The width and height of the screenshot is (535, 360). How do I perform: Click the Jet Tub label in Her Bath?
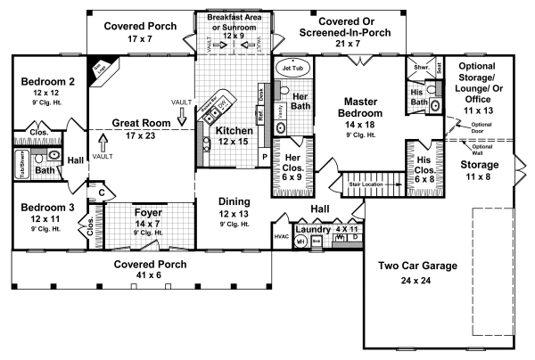pyautogui.click(x=292, y=68)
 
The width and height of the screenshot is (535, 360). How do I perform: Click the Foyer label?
pyautogui.click(x=148, y=213)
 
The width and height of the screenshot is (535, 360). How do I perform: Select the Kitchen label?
pyautogui.click(x=235, y=131)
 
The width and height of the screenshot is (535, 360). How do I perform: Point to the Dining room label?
pyautogui.click(x=235, y=201)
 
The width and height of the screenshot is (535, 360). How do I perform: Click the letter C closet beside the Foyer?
pyautogui.click(x=102, y=192)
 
